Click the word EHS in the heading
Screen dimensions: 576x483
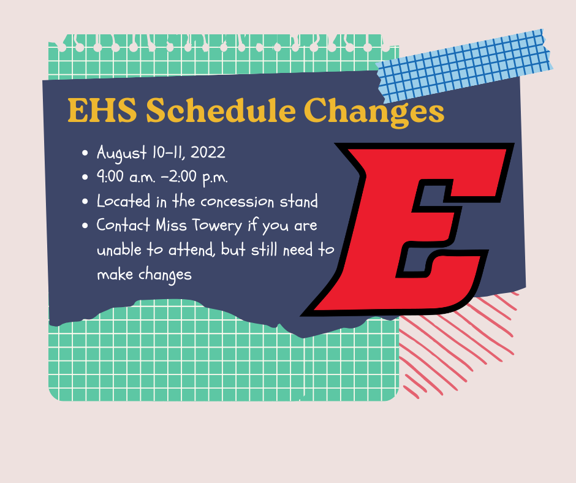[x=102, y=110]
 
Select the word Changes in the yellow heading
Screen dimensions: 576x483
[x=374, y=112]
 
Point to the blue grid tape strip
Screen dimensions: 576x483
[x=464, y=66]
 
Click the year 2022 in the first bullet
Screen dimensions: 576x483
[x=208, y=152]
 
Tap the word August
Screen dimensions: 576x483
[x=121, y=153]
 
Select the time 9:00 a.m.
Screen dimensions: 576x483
[x=126, y=177]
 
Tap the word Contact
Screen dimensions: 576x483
[x=123, y=225]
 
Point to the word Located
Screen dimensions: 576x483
[x=123, y=201]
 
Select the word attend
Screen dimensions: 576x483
[x=191, y=250]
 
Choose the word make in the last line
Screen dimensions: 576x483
[x=115, y=274]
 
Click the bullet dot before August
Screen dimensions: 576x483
[x=85, y=153]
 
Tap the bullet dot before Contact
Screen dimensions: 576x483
[x=85, y=226]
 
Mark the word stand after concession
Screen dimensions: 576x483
[x=298, y=202]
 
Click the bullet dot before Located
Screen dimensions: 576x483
[x=85, y=202]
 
